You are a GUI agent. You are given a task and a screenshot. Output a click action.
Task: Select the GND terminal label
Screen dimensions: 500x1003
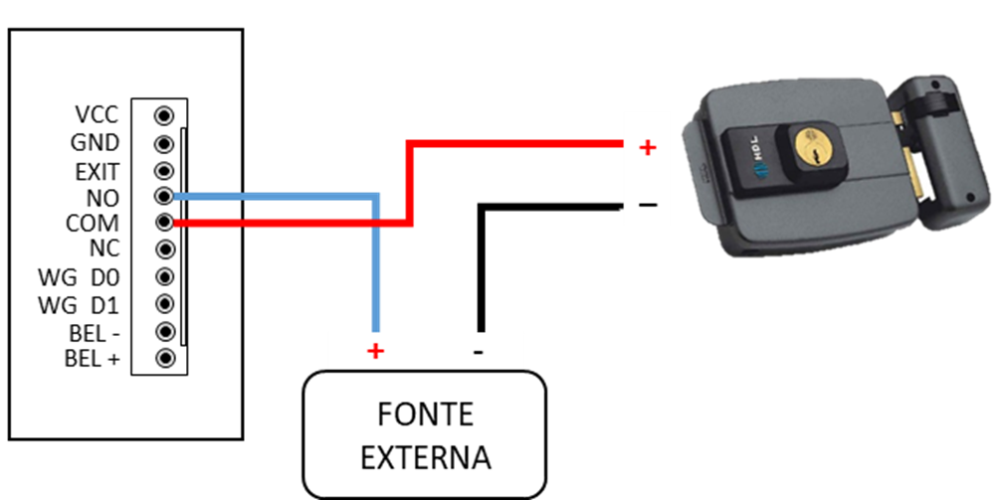(x=96, y=143)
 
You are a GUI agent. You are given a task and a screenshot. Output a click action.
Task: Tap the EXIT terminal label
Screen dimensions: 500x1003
(x=98, y=171)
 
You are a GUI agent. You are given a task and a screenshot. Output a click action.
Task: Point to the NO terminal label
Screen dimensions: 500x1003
(x=103, y=197)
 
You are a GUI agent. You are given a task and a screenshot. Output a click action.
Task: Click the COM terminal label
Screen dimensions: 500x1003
(x=93, y=224)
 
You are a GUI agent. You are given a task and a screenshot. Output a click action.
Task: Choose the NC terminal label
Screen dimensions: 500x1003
(x=104, y=250)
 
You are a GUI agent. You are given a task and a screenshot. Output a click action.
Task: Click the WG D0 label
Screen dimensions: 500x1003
(x=79, y=277)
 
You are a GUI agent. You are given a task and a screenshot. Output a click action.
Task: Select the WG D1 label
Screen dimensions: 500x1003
(x=79, y=303)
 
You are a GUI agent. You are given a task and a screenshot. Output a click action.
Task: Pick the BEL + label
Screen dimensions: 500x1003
(x=93, y=358)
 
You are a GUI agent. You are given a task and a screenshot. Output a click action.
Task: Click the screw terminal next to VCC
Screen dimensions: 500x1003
(x=165, y=116)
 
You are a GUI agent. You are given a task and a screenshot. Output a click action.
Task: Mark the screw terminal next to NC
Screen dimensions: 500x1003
(x=165, y=250)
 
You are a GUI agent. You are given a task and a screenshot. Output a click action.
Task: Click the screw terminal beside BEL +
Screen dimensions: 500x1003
(x=165, y=357)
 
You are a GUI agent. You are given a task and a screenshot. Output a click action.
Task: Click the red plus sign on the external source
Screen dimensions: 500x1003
(x=375, y=351)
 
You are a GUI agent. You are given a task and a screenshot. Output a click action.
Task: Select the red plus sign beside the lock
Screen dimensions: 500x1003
(x=648, y=148)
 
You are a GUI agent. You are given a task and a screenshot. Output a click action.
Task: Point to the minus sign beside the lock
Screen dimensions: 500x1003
(x=648, y=205)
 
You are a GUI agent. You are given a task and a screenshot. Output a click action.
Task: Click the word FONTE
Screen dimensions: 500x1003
(x=425, y=414)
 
